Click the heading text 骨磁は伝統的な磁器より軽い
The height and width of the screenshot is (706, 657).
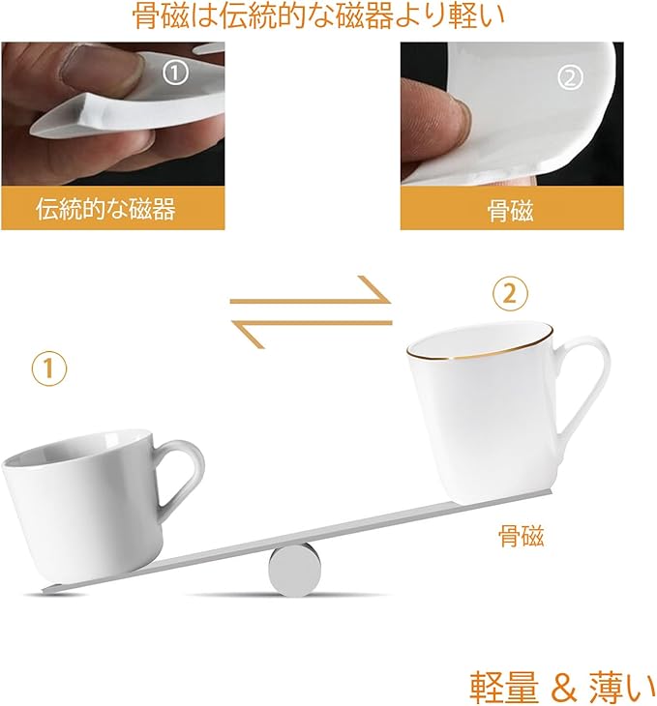[318, 16]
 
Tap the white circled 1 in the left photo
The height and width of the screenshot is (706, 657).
[175, 74]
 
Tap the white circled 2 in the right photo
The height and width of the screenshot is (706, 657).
[571, 78]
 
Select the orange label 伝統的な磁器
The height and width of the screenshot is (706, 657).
[105, 209]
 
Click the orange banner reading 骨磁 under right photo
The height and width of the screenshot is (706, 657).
[512, 208]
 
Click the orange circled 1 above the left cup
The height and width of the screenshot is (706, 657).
[49, 368]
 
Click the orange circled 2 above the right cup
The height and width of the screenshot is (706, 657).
[510, 294]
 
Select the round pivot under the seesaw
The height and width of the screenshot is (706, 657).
[295, 570]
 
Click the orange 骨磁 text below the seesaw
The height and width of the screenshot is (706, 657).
[521, 536]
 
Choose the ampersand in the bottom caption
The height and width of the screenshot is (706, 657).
[564, 687]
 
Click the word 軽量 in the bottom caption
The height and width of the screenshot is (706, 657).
[504, 687]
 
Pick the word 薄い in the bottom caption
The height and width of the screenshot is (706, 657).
[622, 687]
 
